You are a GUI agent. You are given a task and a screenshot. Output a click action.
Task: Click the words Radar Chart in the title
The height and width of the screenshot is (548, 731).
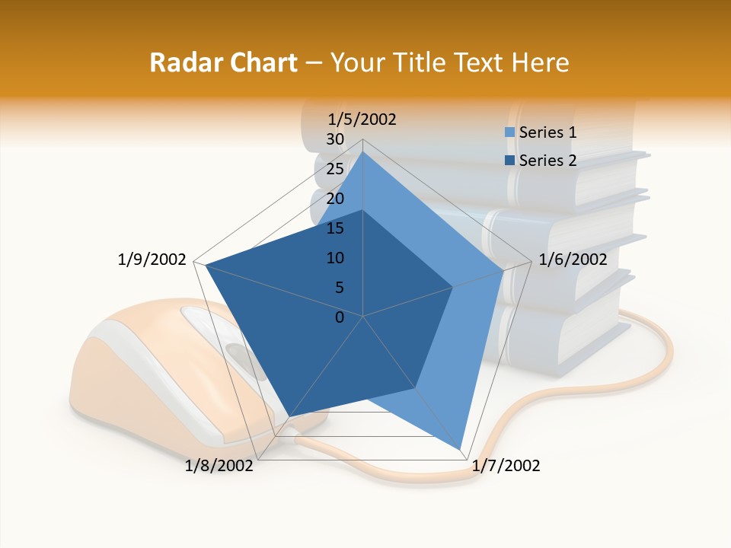223,62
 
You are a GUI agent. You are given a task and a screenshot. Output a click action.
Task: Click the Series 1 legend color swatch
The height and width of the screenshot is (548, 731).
510,132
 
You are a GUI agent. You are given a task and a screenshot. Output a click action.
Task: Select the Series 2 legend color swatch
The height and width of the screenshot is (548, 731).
510,160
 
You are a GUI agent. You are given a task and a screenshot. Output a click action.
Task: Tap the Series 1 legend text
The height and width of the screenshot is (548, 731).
547,132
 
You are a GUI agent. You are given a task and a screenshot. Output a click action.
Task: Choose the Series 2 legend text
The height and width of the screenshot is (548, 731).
547,161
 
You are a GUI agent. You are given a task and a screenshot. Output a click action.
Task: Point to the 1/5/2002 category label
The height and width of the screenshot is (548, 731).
362,119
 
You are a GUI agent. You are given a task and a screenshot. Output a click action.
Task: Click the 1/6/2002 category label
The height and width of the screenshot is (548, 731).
573,260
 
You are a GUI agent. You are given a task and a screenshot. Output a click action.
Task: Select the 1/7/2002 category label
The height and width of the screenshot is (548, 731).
506,466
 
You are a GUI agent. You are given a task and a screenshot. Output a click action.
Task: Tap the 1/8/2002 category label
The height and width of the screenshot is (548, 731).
219,466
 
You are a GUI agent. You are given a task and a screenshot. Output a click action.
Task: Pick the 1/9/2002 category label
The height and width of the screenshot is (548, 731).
152,260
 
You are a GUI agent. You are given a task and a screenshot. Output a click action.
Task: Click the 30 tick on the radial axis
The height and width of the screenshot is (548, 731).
334,139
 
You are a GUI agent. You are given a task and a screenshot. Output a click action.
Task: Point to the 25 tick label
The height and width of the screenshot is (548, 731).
334,169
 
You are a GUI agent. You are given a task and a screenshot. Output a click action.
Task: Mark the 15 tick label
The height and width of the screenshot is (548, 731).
334,228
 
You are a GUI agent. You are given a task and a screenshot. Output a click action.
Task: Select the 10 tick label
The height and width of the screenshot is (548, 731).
336,258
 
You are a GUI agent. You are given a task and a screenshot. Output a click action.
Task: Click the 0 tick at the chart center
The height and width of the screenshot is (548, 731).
340,317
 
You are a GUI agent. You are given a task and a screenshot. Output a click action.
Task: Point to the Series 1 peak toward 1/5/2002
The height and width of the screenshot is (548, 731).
363,152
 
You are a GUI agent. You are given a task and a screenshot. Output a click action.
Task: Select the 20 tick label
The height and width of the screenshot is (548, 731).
334,199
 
